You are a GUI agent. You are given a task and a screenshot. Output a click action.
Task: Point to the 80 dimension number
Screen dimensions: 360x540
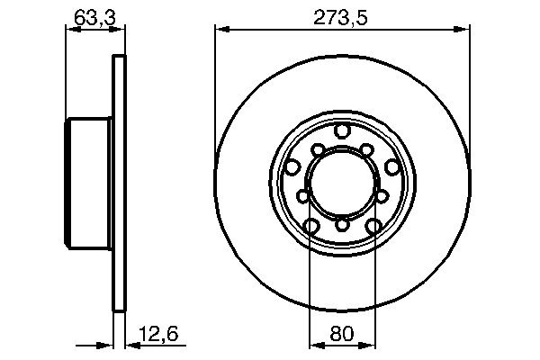pos(342,336)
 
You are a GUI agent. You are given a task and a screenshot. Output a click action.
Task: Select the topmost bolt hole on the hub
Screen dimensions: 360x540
pos(342,132)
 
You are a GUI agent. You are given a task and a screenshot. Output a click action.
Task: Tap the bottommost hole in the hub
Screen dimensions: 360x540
pos(342,225)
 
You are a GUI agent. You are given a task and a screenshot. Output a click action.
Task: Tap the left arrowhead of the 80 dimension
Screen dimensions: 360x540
pos(315,346)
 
